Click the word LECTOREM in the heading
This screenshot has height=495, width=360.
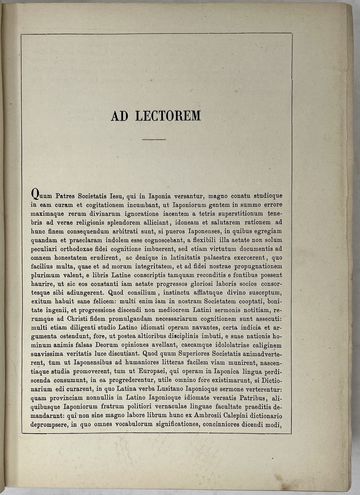click(x=168, y=116)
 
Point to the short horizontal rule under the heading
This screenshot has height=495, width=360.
click(x=154, y=139)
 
